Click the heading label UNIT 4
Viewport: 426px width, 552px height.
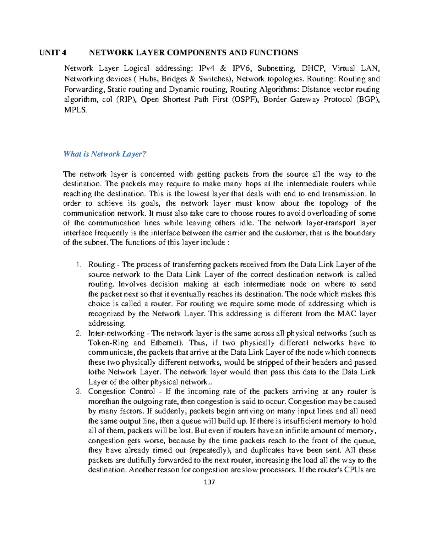pyautogui.click(x=53, y=53)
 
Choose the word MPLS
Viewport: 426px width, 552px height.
pyautogui.click(x=75, y=110)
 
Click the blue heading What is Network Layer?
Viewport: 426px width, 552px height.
pyautogui.click(x=105, y=154)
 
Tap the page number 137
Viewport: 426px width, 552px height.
pyautogui.click(x=209, y=482)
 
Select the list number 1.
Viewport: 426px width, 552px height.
pyautogui.click(x=78, y=265)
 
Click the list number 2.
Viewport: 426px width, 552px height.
pyautogui.click(x=78, y=333)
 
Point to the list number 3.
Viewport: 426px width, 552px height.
pyautogui.click(x=78, y=392)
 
